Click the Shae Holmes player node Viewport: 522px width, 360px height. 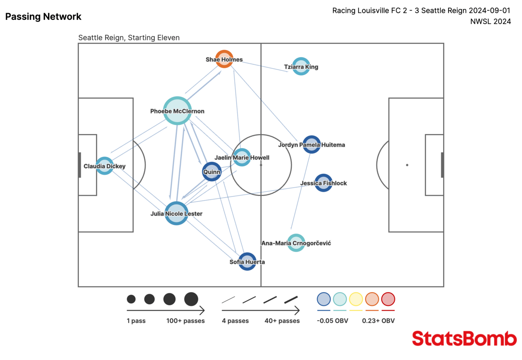tap(224, 59)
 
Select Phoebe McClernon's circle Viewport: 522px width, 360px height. tap(177, 111)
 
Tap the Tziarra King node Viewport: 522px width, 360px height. tap(301, 66)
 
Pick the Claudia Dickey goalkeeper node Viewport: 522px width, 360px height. tap(104, 166)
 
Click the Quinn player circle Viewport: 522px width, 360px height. tap(212, 172)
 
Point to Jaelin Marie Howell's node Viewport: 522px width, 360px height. tap(242, 157)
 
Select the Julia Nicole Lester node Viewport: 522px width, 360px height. tap(177, 213)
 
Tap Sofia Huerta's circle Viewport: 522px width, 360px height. tap(247, 261)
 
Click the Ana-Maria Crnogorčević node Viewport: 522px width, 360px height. tap(296, 243)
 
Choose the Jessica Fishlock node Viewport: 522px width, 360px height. tap(323, 183)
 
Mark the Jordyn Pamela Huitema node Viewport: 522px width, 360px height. tap(312, 144)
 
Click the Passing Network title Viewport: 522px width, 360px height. tap(43, 17)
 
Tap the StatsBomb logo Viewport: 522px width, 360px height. tap(464, 339)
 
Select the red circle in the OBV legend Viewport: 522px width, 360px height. tap(388, 299)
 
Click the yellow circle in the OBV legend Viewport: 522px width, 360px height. tap(356, 299)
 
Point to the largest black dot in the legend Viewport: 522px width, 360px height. tap(191, 299)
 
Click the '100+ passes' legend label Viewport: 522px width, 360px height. tap(185, 321)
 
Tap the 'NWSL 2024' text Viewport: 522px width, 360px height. tap(490, 21)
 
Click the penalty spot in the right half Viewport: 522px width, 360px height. tap(407, 165)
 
